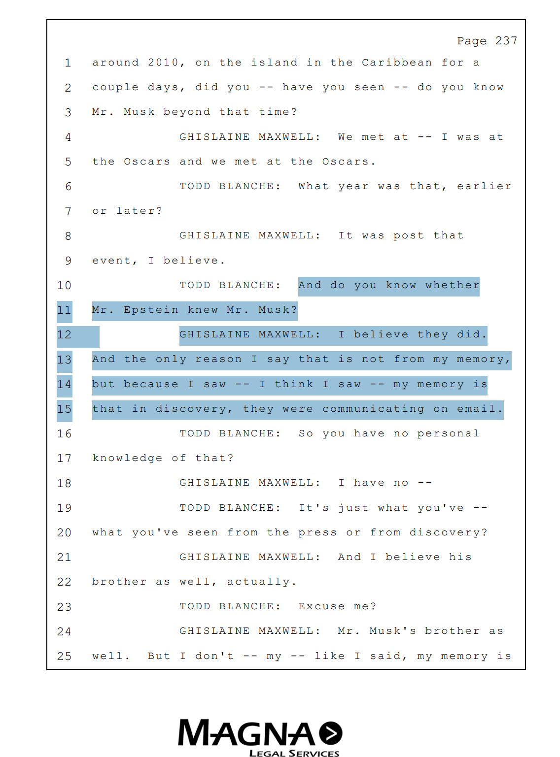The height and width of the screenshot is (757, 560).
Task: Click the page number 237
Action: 506,40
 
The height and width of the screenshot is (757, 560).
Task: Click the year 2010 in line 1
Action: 163,63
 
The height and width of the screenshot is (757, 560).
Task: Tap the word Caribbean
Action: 396,63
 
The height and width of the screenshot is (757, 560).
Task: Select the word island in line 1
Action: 274,63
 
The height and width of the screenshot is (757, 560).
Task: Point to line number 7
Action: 68,211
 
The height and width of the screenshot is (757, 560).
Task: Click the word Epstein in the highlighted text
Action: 151,310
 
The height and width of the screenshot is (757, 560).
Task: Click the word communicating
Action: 373,408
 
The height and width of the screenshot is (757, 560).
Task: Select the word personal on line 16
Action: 448,433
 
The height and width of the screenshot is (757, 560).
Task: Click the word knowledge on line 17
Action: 128,458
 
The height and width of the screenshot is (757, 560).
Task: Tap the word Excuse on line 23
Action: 321,606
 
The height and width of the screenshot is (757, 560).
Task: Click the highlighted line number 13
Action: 64,360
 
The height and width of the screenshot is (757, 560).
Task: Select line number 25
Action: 64,656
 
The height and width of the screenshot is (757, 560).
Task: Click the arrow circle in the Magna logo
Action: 330,732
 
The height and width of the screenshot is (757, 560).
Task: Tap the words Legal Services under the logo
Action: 294,753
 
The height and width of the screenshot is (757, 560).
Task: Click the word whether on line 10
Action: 453,285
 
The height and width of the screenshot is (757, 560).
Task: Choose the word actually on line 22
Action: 262,582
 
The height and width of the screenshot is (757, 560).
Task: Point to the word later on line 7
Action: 140,211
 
